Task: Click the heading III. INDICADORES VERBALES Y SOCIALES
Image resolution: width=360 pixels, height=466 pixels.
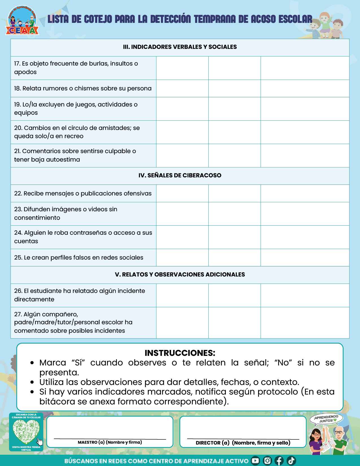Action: (180, 47)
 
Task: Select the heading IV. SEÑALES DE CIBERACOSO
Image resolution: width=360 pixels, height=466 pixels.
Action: (180, 175)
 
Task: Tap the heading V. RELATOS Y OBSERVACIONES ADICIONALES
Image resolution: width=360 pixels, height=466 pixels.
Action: (180, 275)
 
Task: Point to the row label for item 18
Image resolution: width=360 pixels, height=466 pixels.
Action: (83, 88)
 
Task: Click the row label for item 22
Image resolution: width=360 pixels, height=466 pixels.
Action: (83, 193)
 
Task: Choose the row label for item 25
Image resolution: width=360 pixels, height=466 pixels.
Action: (79, 258)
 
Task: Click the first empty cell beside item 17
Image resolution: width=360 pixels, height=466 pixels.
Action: (182, 68)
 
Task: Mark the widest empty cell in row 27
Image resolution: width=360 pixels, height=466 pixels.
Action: (305, 323)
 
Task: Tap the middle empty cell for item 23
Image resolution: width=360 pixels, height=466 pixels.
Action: (234, 214)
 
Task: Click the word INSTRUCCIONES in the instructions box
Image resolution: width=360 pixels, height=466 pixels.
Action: (180, 353)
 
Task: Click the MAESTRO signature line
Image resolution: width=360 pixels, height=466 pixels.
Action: (110, 439)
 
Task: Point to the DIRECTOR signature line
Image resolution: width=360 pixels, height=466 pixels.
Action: (243, 439)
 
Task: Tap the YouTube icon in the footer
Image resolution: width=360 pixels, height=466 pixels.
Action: (255, 461)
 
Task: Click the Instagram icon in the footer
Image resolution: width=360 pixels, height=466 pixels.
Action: (267, 461)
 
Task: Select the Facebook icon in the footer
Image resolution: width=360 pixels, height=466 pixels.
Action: (279, 461)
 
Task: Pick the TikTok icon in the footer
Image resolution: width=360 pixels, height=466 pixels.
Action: (291, 461)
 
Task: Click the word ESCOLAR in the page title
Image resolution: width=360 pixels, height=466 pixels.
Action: (295, 19)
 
